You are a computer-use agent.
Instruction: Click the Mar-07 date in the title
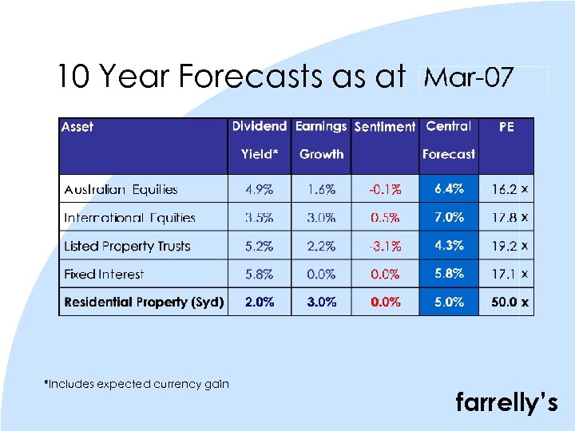[x=469, y=78]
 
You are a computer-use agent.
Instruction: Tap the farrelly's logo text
[x=506, y=403]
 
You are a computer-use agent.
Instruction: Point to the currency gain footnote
[x=137, y=384]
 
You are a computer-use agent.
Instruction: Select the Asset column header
[x=77, y=127]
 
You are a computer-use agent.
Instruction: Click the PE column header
[x=506, y=127]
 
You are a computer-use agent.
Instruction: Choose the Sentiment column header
[x=384, y=127]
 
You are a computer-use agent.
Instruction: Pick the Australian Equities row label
[x=121, y=190]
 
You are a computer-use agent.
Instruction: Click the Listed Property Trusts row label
[x=127, y=246]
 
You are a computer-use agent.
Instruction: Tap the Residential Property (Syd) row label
[x=144, y=302]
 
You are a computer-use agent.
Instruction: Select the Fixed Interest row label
[x=104, y=274]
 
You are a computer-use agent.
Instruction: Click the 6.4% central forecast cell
[x=449, y=189]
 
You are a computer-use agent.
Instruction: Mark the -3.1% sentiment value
[x=384, y=246]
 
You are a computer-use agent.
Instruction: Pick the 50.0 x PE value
[x=510, y=302]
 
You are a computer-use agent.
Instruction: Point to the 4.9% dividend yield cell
[x=259, y=190]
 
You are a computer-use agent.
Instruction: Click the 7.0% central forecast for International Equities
[x=449, y=217]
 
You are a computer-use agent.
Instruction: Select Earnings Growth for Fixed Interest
[x=321, y=274]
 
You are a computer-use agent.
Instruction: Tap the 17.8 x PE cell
[x=510, y=217]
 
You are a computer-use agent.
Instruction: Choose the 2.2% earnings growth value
[x=321, y=246]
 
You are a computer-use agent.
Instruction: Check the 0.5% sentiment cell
[x=384, y=217]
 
